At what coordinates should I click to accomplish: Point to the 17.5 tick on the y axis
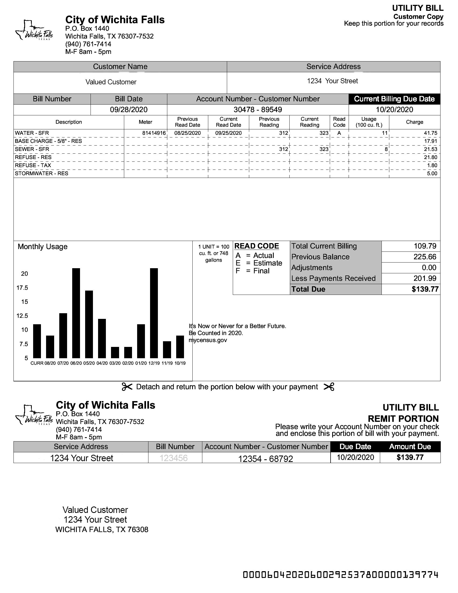[x=22, y=288]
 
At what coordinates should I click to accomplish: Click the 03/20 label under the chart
[x=115, y=363]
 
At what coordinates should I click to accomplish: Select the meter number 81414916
[x=154, y=133]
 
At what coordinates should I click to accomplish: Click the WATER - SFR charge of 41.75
[x=431, y=133]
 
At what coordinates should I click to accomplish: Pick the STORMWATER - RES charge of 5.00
[x=432, y=174]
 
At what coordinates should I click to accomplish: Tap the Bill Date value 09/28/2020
[x=129, y=110]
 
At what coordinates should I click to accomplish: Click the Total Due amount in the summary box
[x=425, y=289]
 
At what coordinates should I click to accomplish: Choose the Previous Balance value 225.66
[x=425, y=257]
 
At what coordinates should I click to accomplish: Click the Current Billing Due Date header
[x=394, y=99]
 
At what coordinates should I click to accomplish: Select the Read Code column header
[x=339, y=122]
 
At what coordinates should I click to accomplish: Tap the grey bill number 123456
[x=174, y=458]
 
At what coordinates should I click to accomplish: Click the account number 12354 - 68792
[x=265, y=458]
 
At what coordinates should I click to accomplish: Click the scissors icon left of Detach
[x=127, y=387]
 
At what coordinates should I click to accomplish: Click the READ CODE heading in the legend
[x=256, y=246]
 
